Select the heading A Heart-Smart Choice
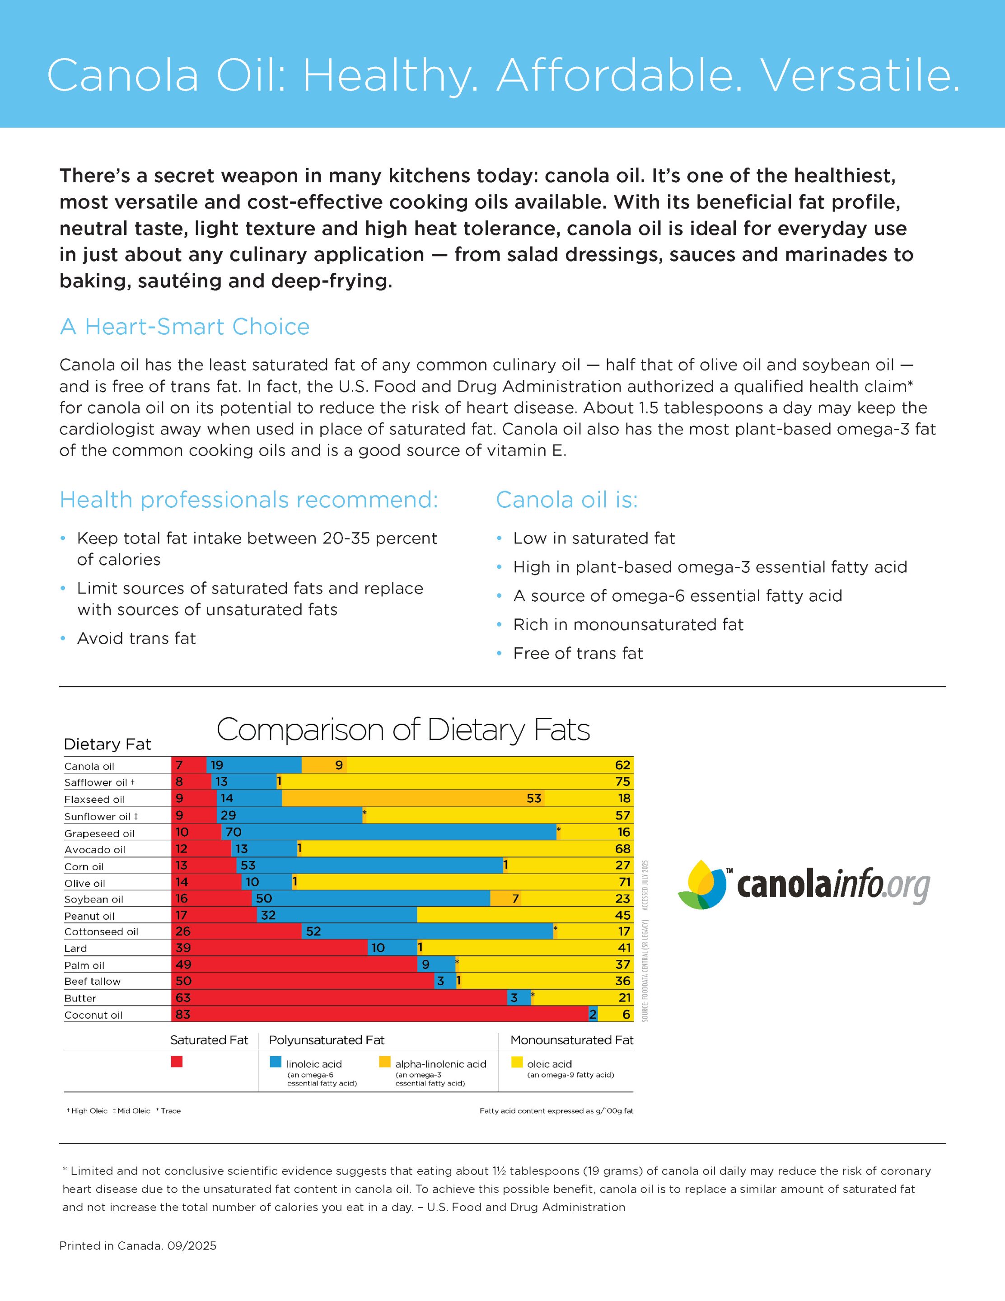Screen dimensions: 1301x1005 click(184, 327)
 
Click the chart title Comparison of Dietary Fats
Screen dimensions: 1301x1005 click(403, 730)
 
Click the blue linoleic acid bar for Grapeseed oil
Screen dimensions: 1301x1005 click(388, 832)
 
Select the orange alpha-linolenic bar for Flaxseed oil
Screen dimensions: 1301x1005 click(412, 798)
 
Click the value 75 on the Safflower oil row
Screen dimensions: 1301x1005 click(622, 782)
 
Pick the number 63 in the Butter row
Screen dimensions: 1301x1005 click(183, 998)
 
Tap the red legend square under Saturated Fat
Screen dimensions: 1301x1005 click(176, 1062)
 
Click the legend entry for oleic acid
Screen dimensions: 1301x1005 click(549, 1064)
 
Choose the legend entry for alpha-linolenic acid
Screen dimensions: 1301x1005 click(440, 1064)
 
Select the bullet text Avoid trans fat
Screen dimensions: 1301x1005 click(136, 639)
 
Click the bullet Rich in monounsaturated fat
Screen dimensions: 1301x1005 click(628, 624)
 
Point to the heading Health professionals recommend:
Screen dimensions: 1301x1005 click(248, 500)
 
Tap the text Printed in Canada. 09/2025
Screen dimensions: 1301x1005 click(138, 1245)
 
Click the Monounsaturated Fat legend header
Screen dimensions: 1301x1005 click(571, 1040)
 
